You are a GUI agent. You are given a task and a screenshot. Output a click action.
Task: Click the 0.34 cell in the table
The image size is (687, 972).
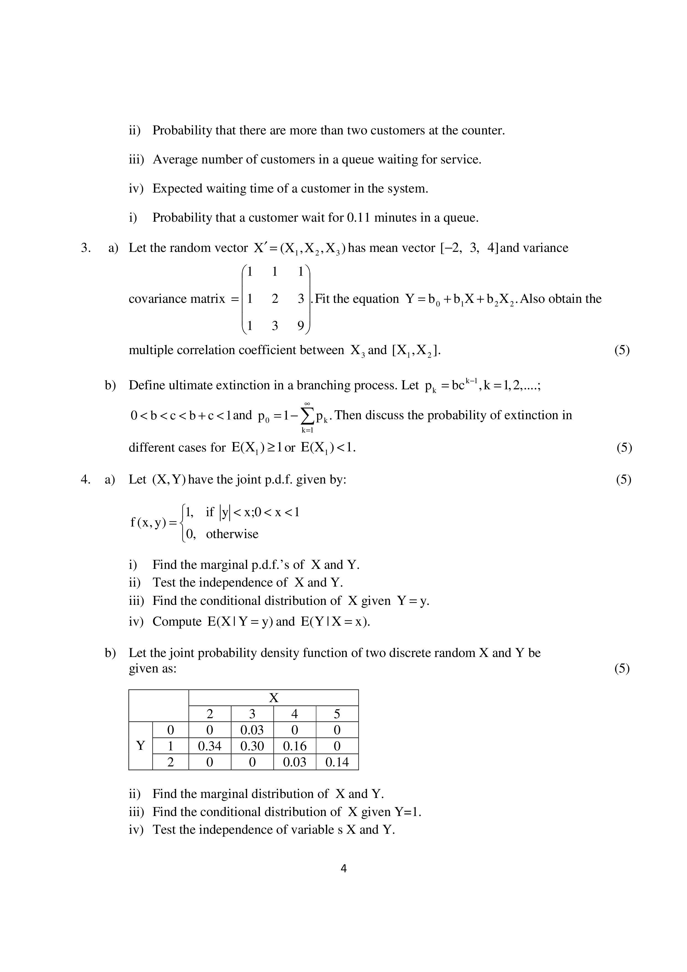click(x=209, y=746)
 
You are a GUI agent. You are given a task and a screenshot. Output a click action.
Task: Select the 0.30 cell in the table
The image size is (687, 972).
click(x=252, y=746)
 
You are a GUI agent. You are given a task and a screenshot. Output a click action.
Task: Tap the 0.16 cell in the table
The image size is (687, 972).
click(x=295, y=746)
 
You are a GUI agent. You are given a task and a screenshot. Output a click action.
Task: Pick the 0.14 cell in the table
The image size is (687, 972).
click(x=337, y=762)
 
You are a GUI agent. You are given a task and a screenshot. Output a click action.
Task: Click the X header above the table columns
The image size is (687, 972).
click(x=273, y=698)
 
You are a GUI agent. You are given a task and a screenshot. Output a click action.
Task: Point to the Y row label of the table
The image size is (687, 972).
click(x=140, y=746)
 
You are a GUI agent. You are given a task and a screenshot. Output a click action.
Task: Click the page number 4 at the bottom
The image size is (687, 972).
click(x=343, y=869)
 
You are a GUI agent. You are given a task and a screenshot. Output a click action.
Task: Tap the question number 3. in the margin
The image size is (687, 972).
click(x=86, y=248)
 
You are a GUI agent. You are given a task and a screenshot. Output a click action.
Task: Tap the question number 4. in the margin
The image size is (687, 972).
click(x=86, y=479)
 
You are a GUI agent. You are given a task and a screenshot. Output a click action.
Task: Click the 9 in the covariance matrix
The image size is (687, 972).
click(x=301, y=326)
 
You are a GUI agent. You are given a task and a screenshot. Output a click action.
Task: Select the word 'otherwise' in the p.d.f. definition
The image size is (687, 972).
click(x=232, y=534)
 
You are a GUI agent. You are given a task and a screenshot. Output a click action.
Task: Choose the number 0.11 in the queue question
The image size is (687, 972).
click(x=358, y=218)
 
